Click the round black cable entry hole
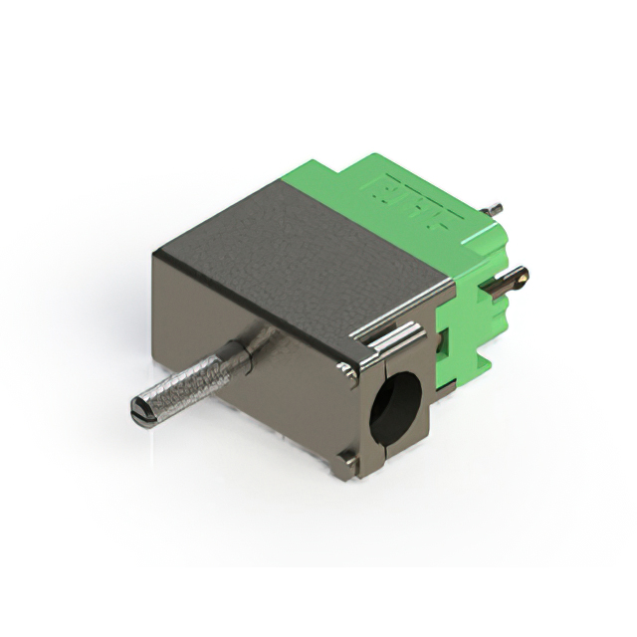click(395, 406)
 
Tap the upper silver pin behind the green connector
click(492, 210)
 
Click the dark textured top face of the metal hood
click(299, 249)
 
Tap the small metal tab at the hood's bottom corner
click(345, 460)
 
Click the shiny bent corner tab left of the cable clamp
click(348, 369)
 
